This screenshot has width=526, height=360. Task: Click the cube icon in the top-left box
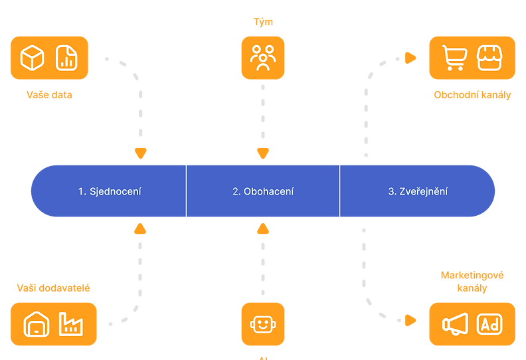32,58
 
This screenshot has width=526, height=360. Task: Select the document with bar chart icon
66,58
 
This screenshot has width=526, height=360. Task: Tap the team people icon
263,58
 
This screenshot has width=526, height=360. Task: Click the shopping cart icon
454,58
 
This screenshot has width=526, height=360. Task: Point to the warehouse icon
36,325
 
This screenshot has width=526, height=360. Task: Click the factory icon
70,324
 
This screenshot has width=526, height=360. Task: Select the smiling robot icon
263,325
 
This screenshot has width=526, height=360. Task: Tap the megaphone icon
455,324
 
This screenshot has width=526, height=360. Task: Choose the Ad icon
490,324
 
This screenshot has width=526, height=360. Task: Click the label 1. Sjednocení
110,191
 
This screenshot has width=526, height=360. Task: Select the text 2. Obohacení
263,191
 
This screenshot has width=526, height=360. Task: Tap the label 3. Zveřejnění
418,191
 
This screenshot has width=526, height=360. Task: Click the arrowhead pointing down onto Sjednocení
140,154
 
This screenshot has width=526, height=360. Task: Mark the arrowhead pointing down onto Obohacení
263,154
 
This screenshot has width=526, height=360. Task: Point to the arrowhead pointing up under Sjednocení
140,229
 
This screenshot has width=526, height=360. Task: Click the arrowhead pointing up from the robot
263,229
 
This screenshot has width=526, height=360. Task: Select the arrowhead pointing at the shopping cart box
410,58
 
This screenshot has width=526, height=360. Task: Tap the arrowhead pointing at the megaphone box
410,320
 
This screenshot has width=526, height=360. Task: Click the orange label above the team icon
263,22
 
